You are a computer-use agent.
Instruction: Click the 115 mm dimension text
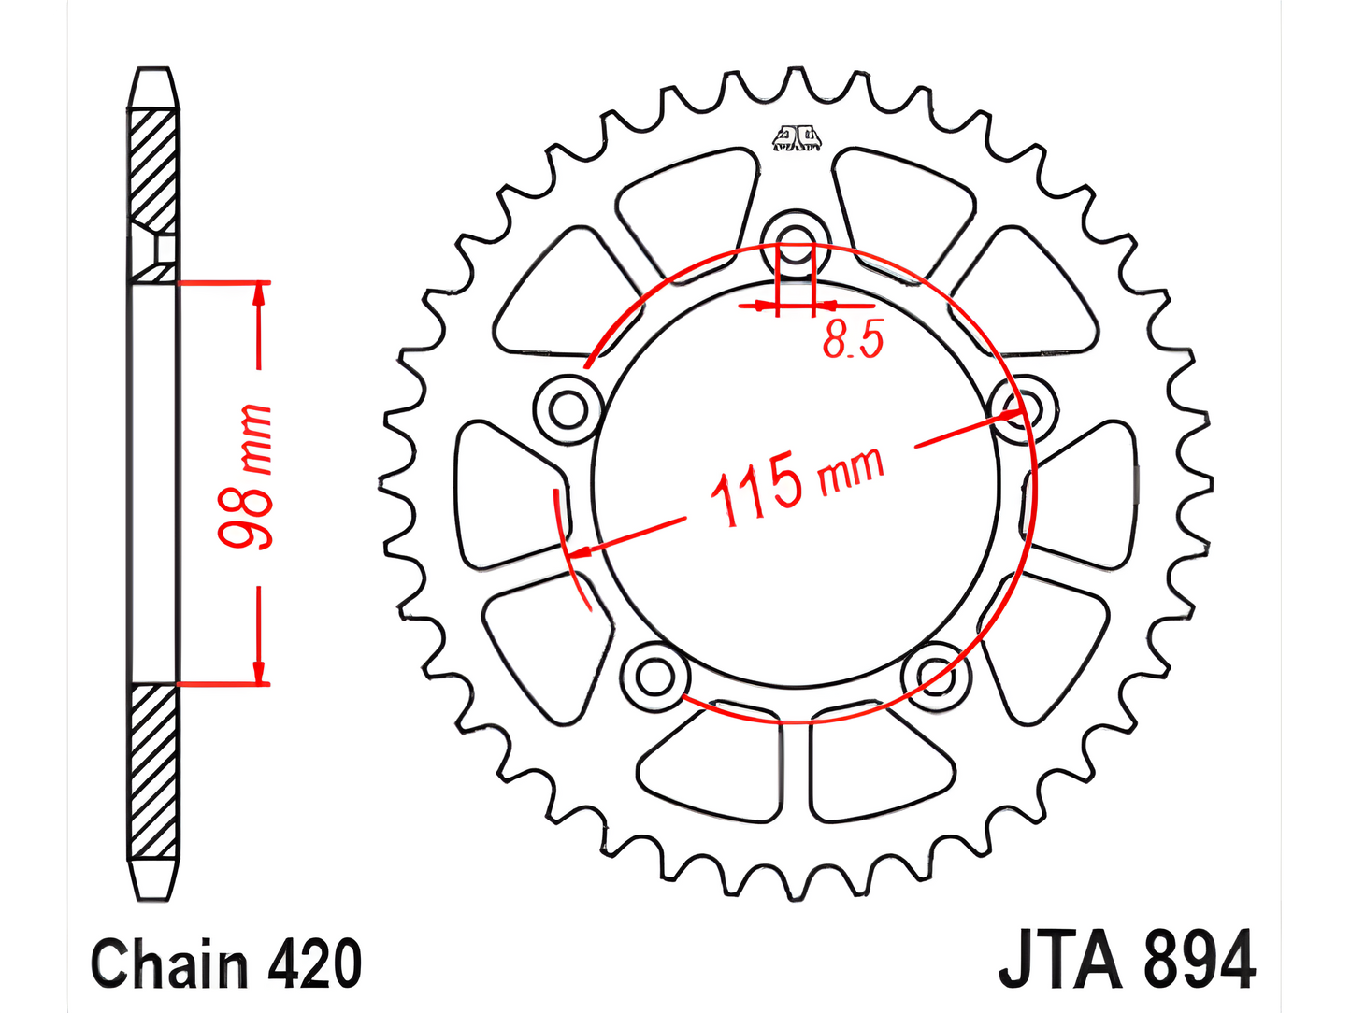pos(795,485)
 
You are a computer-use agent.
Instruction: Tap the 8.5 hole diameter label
pos(852,339)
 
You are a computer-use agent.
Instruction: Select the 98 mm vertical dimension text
pos(245,478)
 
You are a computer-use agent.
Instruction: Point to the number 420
pos(314,963)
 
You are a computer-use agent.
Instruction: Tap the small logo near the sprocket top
pos(797,139)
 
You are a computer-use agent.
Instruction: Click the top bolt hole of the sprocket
pos(796,239)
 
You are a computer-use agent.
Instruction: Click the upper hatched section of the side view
pos(152,168)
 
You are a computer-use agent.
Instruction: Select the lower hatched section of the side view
pos(152,771)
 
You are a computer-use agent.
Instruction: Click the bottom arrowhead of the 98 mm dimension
pos(259,674)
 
